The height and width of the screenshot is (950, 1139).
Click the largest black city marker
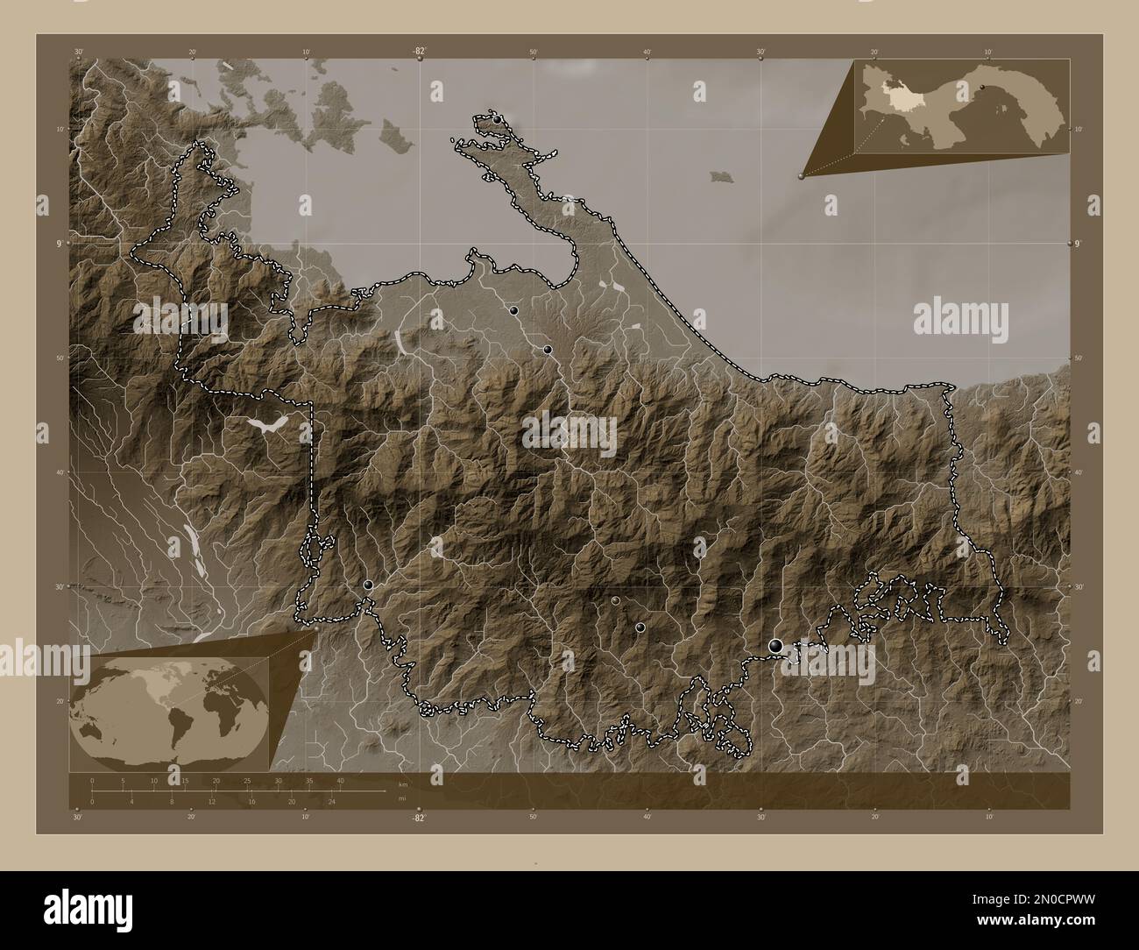pyautogui.click(x=775, y=646)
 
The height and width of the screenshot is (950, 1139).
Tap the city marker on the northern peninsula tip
pyautogui.click(x=497, y=119)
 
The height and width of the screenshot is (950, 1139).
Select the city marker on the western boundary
pyautogui.click(x=369, y=585)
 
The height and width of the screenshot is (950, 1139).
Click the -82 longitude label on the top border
pyautogui.click(x=420, y=52)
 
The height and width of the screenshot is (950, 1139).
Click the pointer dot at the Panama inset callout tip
pyautogui.click(x=801, y=175)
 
